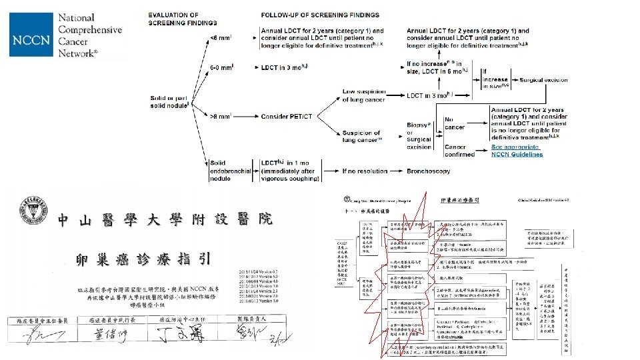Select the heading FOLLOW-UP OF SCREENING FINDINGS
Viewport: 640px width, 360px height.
click(x=320, y=15)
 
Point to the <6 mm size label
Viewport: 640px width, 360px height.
click(x=221, y=38)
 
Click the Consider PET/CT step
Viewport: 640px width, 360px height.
click(x=287, y=117)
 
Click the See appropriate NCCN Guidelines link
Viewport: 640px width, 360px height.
click(x=517, y=150)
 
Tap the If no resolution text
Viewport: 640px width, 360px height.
click(x=365, y=171)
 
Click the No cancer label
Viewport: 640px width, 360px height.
click(x=455, y=123)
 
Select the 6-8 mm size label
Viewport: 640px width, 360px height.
click(x=221, y=67)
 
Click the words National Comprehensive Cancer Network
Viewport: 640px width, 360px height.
click(x=90, y=35)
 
